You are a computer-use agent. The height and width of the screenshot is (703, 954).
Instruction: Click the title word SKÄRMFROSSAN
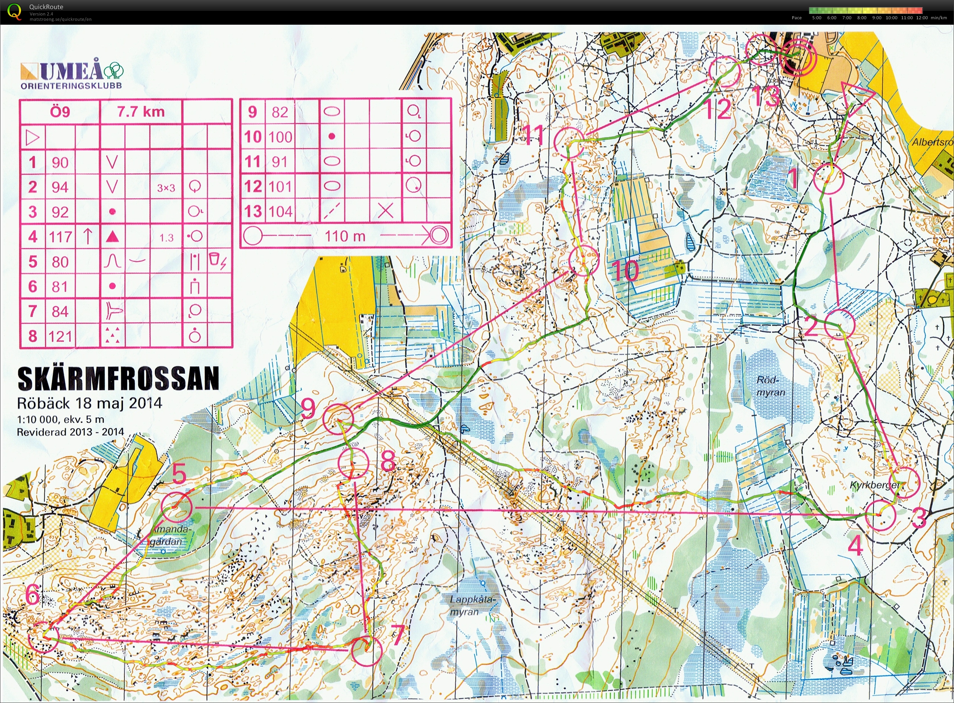coord(118,378)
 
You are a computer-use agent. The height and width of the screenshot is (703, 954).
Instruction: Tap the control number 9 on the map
coord(308,408)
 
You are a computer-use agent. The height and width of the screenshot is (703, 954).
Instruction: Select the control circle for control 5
coord(177,507)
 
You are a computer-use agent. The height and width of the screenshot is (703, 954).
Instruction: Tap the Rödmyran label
coord(770,386)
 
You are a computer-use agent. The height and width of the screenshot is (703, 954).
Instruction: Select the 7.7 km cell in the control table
coord(141,112)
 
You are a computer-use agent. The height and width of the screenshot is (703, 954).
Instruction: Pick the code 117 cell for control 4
coord(60,237)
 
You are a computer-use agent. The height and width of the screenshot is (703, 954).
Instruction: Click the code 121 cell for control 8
coord(60,336)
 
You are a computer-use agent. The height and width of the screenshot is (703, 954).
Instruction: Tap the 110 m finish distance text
coord(345,236)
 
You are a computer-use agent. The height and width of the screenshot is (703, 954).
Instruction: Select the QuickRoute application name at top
coord(46,7)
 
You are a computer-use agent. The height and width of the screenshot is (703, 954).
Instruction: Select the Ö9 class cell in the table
coord(60,112)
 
